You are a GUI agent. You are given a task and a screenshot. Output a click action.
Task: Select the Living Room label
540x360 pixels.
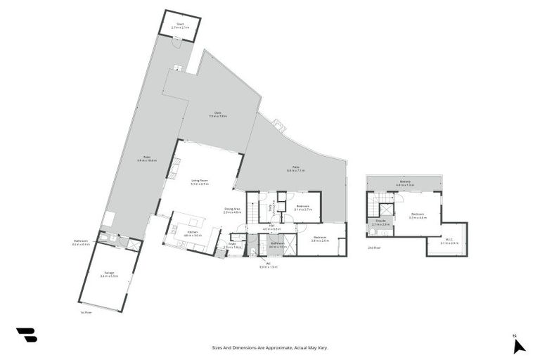point(200,182)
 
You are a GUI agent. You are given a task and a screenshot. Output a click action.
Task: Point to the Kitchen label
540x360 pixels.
point(191,235)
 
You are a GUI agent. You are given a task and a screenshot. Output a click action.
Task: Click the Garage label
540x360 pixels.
point(109,275)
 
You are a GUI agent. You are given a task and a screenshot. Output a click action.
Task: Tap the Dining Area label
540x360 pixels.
point(232,210)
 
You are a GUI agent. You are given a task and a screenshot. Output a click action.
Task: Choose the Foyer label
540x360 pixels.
point(232,246)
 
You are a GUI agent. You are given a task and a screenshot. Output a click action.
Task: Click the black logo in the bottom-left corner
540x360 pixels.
point(27,335)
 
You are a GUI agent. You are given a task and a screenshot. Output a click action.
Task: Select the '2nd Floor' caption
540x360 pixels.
point(374,248)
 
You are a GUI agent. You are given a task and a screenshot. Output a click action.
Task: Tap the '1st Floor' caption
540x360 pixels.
point(86,312)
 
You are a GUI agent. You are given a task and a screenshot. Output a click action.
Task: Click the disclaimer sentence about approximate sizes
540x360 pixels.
point(270,347)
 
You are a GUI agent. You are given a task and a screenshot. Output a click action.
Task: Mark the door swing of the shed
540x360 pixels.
point(176,42)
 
